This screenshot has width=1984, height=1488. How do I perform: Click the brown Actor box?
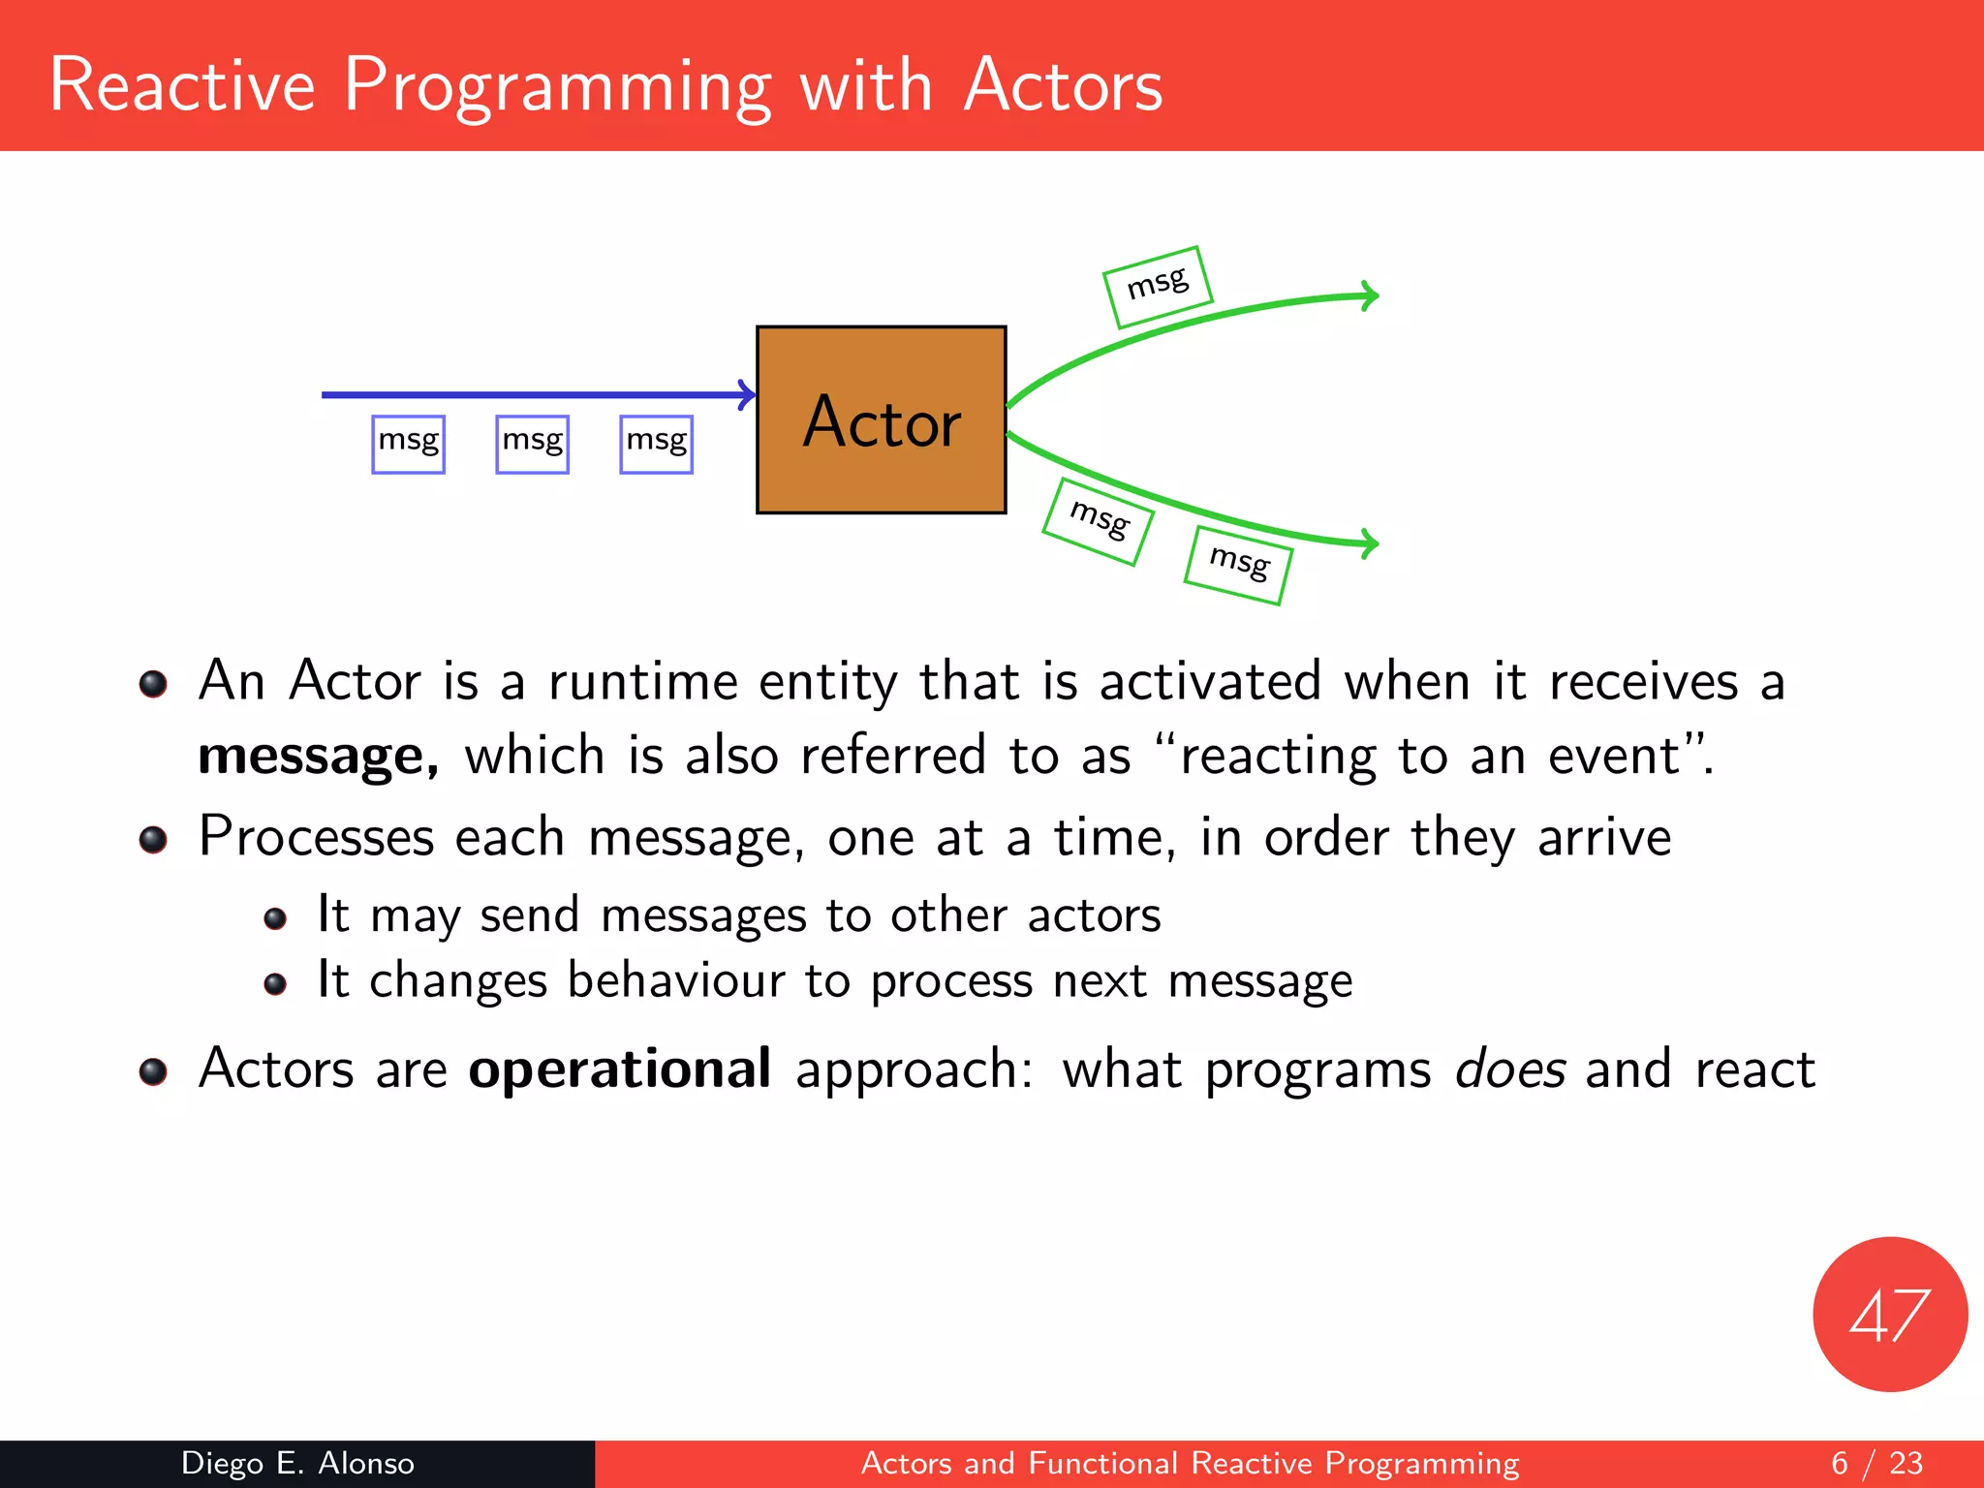click(x=881, y=419)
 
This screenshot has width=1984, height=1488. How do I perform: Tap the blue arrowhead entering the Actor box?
click(x=747, y=394)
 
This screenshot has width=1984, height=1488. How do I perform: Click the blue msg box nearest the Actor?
click(x=656, y=444)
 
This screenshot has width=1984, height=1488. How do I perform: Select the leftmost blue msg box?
click(x=408, y=444)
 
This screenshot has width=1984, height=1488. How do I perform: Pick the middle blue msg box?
click(x=532, y=444)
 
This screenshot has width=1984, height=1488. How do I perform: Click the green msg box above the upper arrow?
click(x=1158, y=287)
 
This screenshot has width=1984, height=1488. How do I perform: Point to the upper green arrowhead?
click(x=1369, y=295)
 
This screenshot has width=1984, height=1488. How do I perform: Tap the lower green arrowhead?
click(x=1369, y=543)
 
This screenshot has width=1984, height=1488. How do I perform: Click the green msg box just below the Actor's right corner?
click(x=1098, y=521)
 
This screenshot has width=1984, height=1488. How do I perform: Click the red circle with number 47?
click(x=1889, y=1314)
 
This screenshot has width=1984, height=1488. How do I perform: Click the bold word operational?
click(x=620, y=1069)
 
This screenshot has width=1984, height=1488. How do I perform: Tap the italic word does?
click(x=1509, y=1069)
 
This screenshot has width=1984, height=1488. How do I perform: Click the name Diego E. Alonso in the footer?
click(x=297, y=1463)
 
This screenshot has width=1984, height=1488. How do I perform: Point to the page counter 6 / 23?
click(x=1876, y=1463)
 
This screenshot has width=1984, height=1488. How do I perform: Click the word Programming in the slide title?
click(x=558, y=87)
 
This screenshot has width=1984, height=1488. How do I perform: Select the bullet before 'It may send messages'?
click(x=275, y=918)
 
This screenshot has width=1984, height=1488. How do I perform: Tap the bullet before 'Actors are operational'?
click(x=153, y=1071)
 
